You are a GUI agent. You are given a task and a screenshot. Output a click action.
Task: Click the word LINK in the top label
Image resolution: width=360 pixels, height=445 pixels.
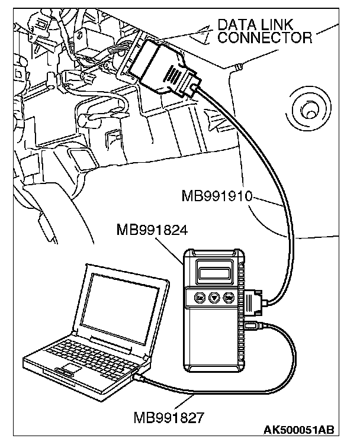(x=284, y=25)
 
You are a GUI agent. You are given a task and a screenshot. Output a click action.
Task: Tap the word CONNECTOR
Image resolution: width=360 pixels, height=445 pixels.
(x=265, y=38)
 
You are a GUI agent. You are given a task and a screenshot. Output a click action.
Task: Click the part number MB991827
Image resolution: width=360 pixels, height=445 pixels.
(x=169, y=417)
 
